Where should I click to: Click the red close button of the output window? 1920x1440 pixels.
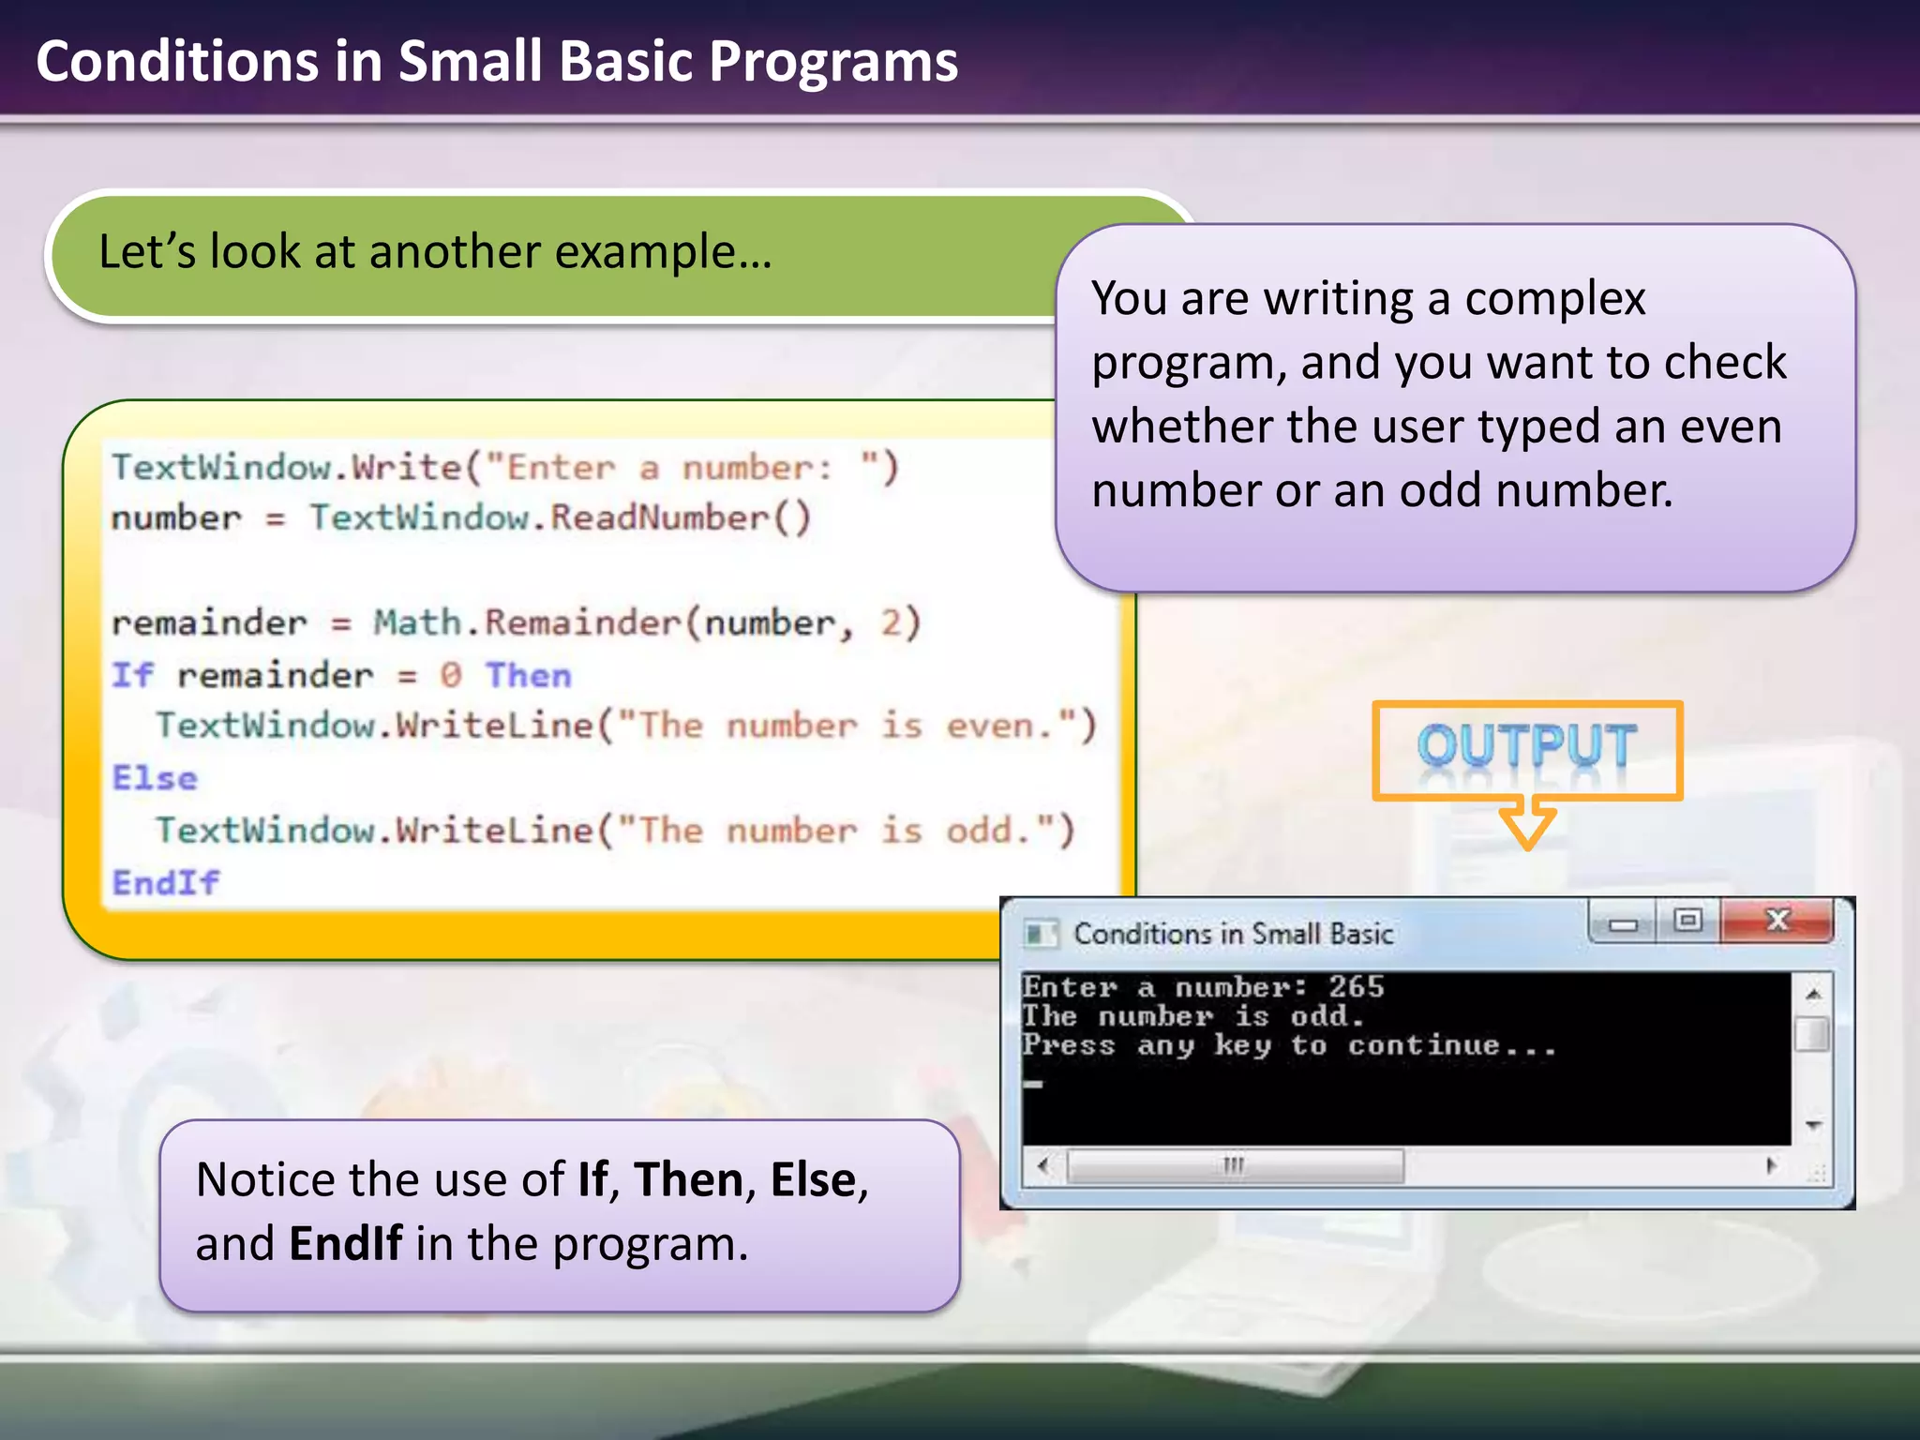(x=1777, y=921)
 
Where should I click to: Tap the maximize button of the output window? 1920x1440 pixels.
(x=1687, y=921)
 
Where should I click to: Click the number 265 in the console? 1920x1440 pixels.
(x=1356, y=986)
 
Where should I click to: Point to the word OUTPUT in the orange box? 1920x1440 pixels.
(x=1526, y=747)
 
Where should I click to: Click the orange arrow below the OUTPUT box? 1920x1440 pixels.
(x=1527, y=822)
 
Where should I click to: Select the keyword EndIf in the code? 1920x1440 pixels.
(x=166, y=882)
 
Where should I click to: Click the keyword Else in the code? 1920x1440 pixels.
(x=156, y=778)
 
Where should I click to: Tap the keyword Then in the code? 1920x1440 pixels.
(x=528, y=675)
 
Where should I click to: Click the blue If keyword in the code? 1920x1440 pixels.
(x=131, y=675)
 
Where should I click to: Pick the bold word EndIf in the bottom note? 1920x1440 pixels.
(x=346, y=1244)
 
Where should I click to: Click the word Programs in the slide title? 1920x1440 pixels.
(x=832, y=62)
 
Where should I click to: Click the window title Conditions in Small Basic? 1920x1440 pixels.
(x=1233, y=934)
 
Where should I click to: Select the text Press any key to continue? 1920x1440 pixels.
(x=1289, y=1045)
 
